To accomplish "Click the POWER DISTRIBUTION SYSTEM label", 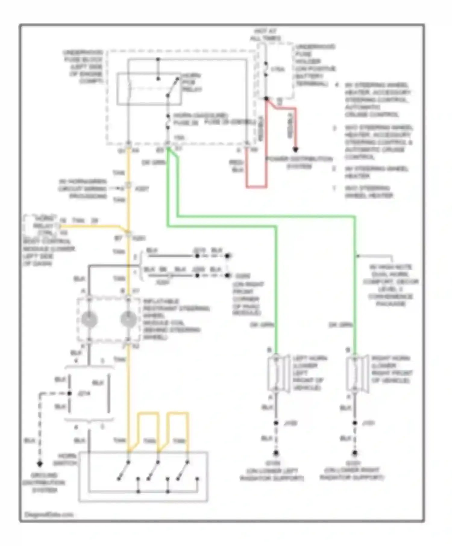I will tap(298, 163).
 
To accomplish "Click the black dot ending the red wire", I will tap(296, 150).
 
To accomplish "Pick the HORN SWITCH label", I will tap(68, 459).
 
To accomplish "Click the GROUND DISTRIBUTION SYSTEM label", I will tap(44, 483).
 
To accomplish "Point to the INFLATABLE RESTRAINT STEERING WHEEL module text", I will tap(176, 319).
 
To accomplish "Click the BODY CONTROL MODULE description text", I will tap(48, 252).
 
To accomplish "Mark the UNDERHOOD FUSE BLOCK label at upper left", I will tap(84, 67).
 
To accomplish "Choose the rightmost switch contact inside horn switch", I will tap(183, 470).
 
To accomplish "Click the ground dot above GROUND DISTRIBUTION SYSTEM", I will tap(40, 464).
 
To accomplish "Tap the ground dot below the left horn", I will tap(276, 453).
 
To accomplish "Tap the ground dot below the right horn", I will tap(355, 453).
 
